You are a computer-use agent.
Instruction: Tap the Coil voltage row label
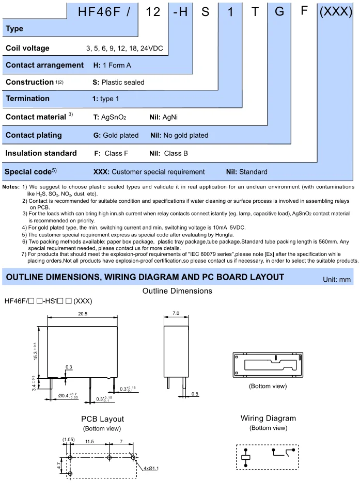[x=27, y=48]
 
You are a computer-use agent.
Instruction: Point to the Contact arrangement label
[x=44, y=65]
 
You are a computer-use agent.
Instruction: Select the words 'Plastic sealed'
[x=123, y=82]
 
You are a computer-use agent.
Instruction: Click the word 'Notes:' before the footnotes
[x=11, y=186]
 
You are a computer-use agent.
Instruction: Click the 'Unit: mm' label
[x=336, y=279]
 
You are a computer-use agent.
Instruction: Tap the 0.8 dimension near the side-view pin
[x=194, y=394]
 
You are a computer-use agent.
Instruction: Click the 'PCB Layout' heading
[x=102, y=418]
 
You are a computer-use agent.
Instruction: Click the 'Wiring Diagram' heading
[x=268, y=418]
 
